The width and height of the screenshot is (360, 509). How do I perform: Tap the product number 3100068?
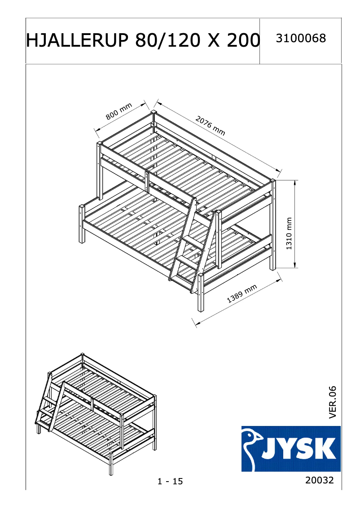click(x=300, y=39)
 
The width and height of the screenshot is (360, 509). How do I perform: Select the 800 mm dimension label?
click(x=119, y=111)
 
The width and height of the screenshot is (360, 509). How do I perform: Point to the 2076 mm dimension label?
click(x=210, y=125)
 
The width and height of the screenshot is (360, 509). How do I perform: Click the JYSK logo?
click(x=291, y=448)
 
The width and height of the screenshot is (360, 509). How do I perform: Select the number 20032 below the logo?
click(x=320, y=480)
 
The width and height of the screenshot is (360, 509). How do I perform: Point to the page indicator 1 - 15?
click(x=170, y=482)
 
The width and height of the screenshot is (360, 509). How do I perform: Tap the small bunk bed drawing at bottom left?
click(x=96, y=413)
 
